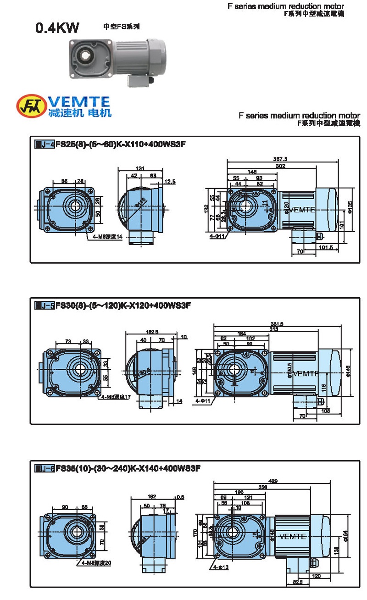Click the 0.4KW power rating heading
pyautogui.click(x=57, y=28)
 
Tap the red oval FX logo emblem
pyautogui.click(x=30, y=106)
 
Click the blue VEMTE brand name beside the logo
pyautogui.click(x=79, y=101)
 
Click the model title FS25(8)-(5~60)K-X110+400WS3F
pyautogui.click(x=120, y=145)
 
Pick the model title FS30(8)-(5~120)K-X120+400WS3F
pyautogui.click(x=122, y=305)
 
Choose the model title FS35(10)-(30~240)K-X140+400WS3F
pyautogui.click(x=128, y=468)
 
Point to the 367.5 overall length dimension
pyautogui.click(x=279, y=159)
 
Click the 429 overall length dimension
pyautogui.click(x=273, y=481)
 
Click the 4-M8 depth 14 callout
pyautogui.click(x=106, y=237)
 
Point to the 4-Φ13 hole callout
pyautogui.click(x=220, y=567)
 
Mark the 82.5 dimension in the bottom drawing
pyautogui.click(x=297, y=582)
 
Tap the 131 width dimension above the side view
pyautogui.click(x=140, y=168)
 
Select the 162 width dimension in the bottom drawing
pyautogui.click(x=152, y=496)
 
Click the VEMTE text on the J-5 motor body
pyautogui.click(x=305, y=373)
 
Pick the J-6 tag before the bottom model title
pyautogui.click(x=44, y=468)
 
